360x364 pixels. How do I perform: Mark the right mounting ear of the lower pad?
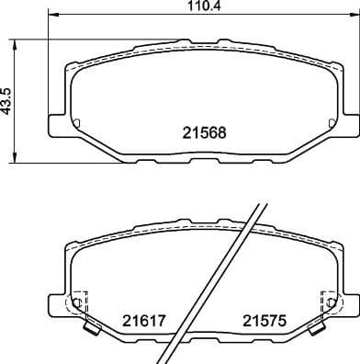point(348,300)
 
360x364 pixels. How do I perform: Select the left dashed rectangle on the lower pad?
point(79,301)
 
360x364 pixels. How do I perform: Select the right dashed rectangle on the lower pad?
point(326,301)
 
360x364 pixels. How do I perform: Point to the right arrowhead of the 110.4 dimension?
point(354,16)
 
